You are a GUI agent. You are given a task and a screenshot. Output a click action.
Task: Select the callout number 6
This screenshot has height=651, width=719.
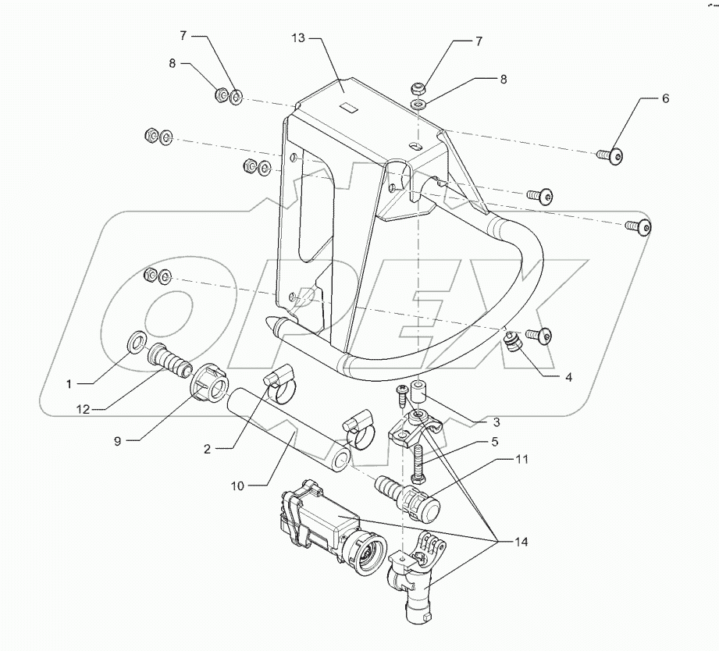pyautogui.click(x=665, y=99)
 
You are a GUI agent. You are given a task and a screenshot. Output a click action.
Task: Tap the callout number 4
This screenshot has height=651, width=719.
pyautogui.click(x=568, y=377)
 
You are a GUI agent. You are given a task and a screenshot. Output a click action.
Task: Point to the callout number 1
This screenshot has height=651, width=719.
pyautogui.click(x=69, y=383)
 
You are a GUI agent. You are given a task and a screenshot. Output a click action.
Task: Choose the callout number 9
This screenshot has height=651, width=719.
pyautogui.click(x=117, y=441)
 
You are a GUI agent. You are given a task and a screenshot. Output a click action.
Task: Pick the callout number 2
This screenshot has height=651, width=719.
pyautogui.click(x=208, y=449)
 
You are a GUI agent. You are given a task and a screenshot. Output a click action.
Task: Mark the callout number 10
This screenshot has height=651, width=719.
pyautogui.click(x=237, y=486)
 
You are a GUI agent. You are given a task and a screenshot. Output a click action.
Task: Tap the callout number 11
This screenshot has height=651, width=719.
pyautogui.click(x=521, y=459)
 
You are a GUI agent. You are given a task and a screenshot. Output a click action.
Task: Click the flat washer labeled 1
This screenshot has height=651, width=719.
pyautogui.click(x=135, y=340)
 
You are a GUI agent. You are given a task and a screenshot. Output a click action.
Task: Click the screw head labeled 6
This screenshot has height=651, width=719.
pyautogui.click(x=618, y=157)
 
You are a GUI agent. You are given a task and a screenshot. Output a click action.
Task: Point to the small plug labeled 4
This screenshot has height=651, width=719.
pyautogui.click(x=512, y=344)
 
